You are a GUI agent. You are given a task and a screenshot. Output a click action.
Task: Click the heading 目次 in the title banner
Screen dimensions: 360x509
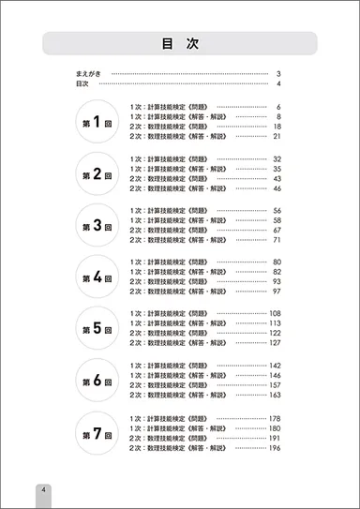[x=180, y=44]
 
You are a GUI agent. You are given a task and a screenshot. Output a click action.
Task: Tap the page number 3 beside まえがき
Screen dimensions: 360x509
[x=279, y=73]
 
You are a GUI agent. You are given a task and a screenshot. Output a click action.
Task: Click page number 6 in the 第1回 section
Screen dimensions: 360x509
[x=279, y=107]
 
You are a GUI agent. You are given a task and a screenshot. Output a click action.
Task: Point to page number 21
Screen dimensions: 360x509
[x=277, y=137]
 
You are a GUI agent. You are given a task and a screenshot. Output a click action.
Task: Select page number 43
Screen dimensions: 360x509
[x=277, y=178]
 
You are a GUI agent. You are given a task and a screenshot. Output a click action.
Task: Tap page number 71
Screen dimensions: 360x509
[x=277, y=240]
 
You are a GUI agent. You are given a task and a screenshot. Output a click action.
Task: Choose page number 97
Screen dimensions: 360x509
[x=277, y=292]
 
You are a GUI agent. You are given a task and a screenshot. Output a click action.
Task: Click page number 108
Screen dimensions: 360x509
[x=276, y=313]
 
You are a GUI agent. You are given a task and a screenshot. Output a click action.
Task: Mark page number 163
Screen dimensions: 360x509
[x=276, y=396]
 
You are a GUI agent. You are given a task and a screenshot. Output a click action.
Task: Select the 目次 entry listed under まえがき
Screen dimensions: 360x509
[x=82, y=83]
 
